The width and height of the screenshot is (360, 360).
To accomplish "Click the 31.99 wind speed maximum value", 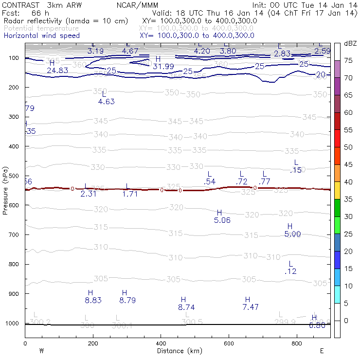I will coord(163,67).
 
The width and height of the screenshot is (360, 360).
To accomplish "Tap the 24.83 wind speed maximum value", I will coord(57,71).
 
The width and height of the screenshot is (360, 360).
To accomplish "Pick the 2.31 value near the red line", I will coord(89,194).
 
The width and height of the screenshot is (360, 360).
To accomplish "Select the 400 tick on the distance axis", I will coord(161,343).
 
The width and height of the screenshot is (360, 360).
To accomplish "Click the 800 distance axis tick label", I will coord(297,343).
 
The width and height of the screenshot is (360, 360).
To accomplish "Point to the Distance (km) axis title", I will coord(180,351).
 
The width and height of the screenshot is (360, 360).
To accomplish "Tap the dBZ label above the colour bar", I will coord(350,44).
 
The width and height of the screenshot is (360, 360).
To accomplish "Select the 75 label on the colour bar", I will coord(348,60).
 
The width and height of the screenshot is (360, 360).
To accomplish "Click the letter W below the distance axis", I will coord(42,351).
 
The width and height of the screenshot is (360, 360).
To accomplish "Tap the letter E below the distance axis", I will coord(321,351).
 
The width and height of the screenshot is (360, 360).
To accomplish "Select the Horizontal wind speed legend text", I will coord(41,36).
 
